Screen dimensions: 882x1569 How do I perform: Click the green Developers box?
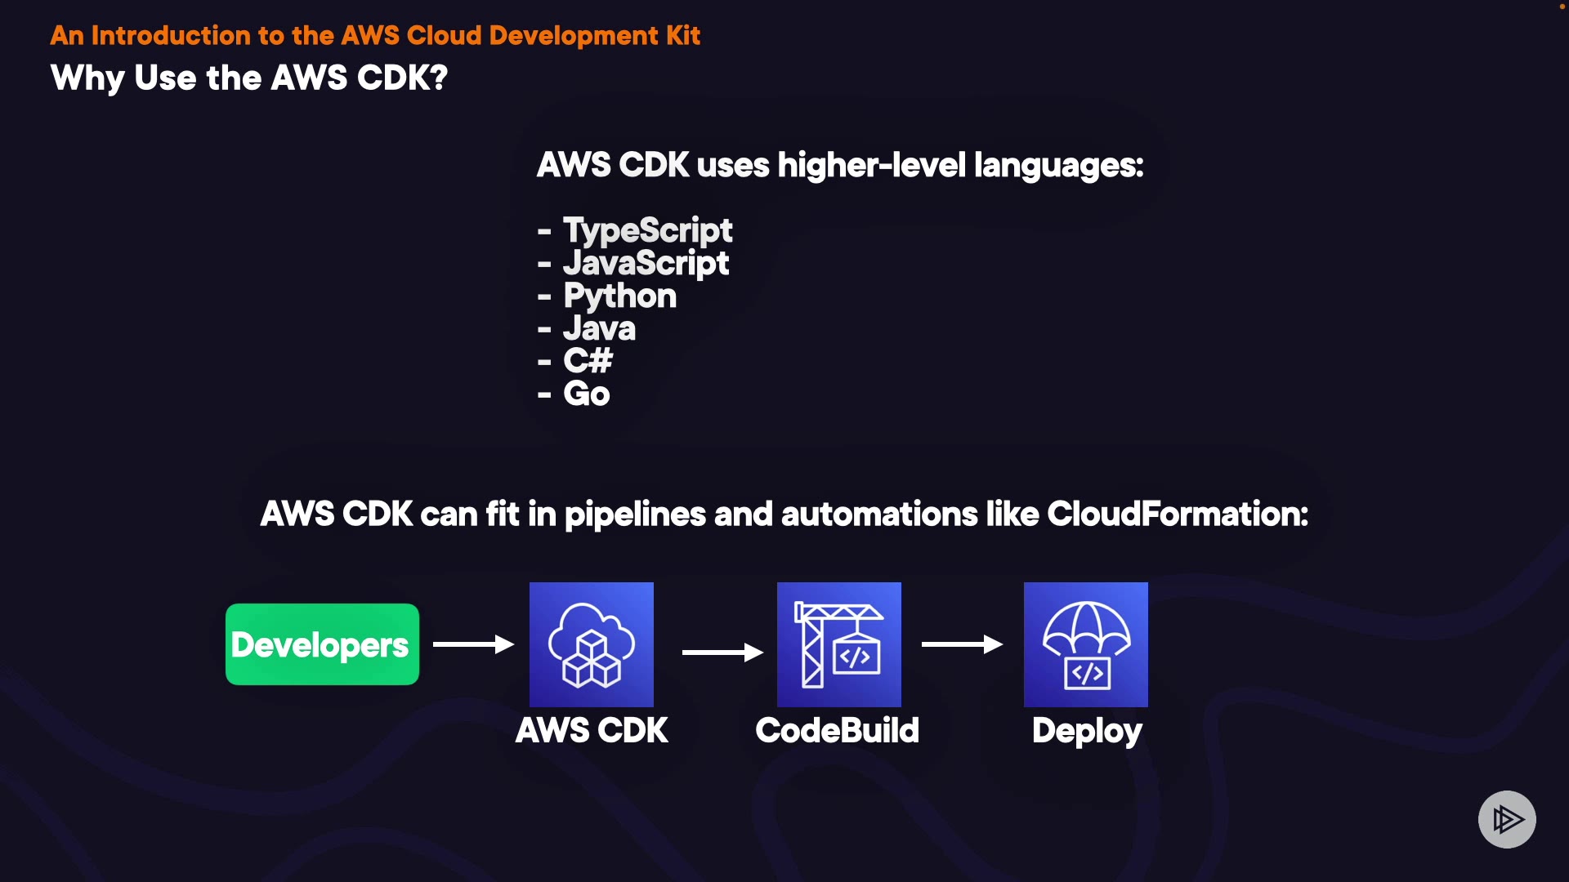(322, 644)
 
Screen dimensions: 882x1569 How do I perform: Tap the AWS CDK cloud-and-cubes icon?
(592, 644)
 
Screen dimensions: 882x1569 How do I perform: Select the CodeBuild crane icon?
(838, 644)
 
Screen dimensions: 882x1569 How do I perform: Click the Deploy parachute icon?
(1085, 644)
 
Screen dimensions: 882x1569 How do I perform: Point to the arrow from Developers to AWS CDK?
(473, 644)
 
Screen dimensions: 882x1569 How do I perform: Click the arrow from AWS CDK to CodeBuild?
(722, 652)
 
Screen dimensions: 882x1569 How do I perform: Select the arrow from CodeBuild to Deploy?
(962, 644)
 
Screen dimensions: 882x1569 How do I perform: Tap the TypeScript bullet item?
(647, 230)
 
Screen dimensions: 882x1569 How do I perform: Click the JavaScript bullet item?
(646, 263)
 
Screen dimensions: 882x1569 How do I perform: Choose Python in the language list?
(619, 296)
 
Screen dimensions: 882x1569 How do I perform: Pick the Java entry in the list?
(599, 328)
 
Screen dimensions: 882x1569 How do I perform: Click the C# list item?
(588, 361)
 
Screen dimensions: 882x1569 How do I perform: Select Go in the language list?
(586, 394)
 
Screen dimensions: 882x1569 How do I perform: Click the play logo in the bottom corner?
(1507, 819)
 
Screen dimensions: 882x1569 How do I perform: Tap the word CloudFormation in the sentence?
(1177, 514)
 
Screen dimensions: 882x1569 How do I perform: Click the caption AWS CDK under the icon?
(592, 730)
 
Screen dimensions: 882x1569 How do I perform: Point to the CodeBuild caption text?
(838, 730)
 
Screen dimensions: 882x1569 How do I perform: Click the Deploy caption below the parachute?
(1086, 731)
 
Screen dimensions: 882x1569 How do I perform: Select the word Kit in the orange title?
(682, 35)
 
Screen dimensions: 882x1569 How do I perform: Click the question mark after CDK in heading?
(439, 78)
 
